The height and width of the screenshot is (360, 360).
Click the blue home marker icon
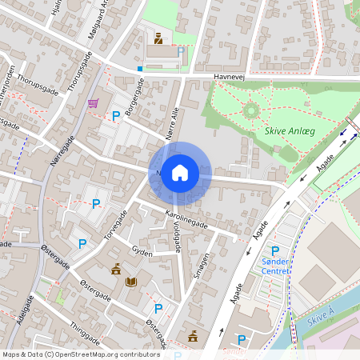(180, 172)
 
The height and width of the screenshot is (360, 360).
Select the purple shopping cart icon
(94, 102)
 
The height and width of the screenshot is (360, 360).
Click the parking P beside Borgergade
(116, 116)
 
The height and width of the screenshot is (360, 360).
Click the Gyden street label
(141, 250)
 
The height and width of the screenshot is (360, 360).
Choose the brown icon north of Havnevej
(158, 38)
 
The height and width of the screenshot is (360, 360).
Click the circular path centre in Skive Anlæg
(251, 110)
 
